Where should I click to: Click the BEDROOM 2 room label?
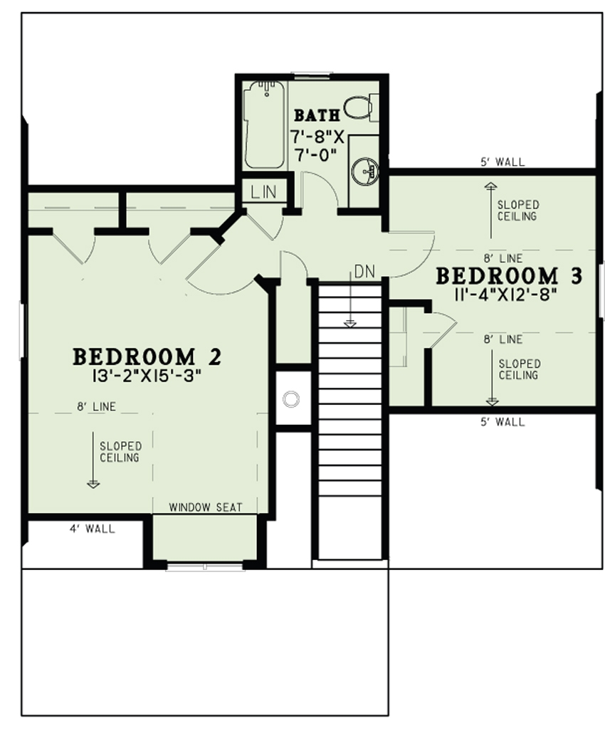click(x=147, y=356)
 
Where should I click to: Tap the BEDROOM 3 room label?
click(x=509, y=275)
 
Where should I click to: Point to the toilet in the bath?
click(x=359, y=107)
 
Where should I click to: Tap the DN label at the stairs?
click(x=364, y=272)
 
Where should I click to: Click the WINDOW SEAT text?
click(x=206, y=507)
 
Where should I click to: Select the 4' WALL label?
click(x=92, y=529)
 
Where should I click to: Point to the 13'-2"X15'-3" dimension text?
click(x=147, y=376)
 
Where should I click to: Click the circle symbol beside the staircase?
click(x=290, y=399)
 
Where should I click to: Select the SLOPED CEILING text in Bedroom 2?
click(x=120, y=452)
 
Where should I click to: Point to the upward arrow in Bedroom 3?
click(x=490, y=186)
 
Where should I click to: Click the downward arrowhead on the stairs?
click(x=349, y=324)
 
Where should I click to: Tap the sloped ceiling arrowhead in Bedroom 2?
click(x=93, y=484)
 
